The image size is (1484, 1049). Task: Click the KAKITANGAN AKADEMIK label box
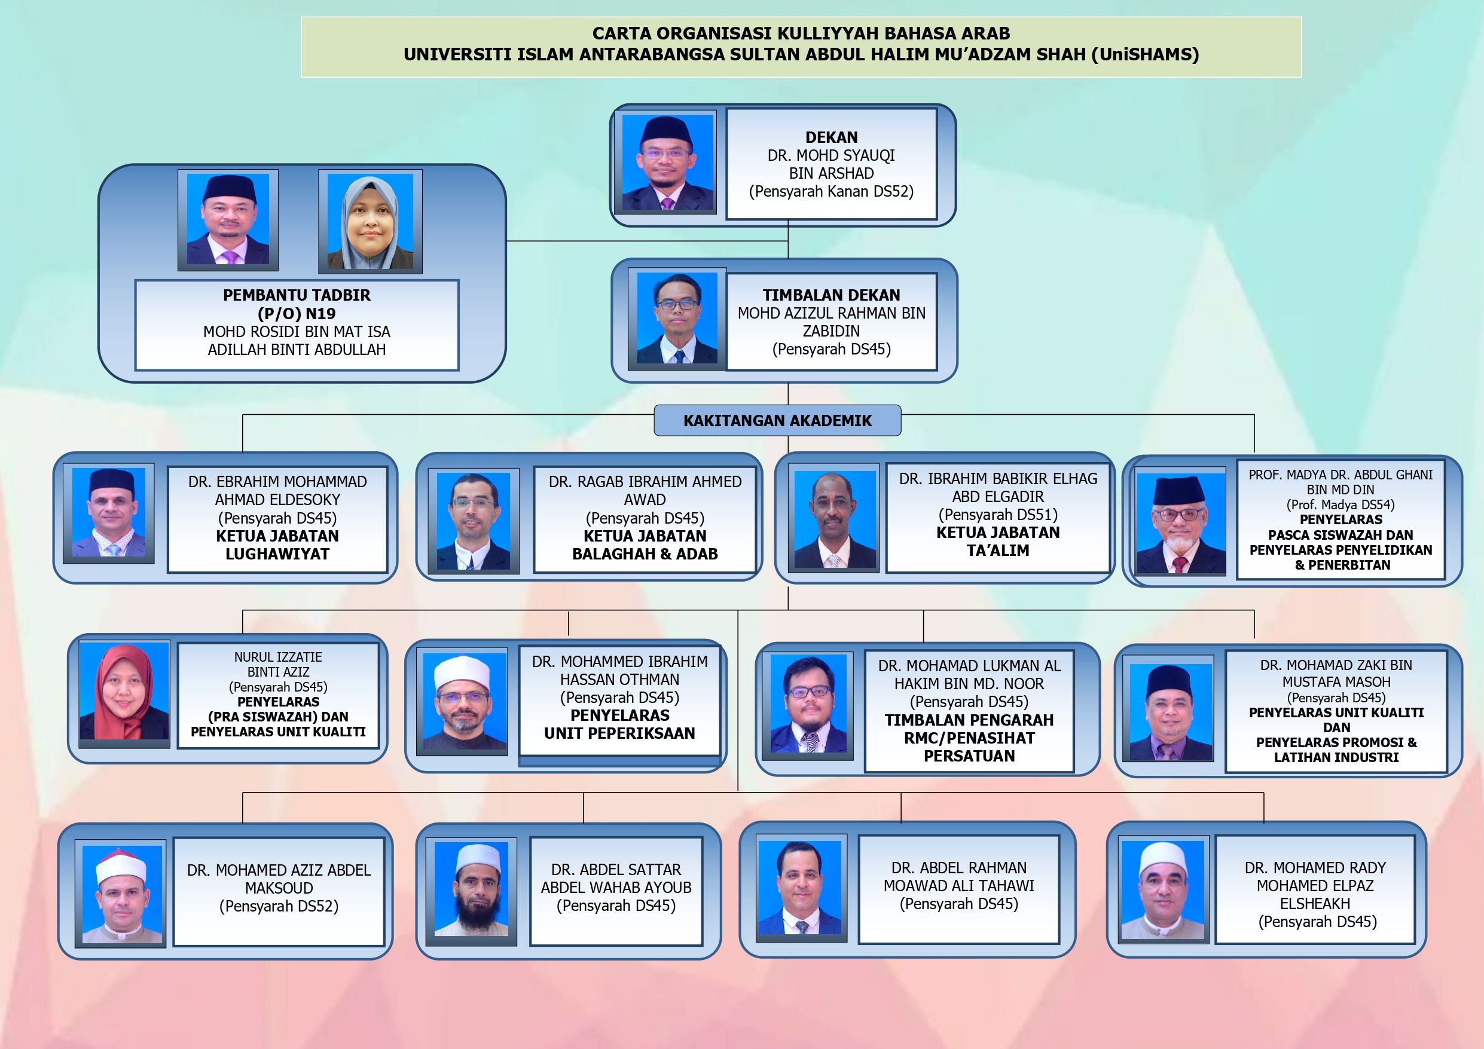pyautogui.click(x=777, y=420)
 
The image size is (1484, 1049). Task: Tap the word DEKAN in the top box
pyautogui.click(x=831, y=137)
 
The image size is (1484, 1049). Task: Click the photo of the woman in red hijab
pyautogui.click(x=124, y=692)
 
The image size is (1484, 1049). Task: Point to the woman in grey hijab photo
pyautogui.click(x=370, y=221)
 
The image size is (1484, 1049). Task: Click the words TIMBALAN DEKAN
pyautogui.click(x=831, y=295)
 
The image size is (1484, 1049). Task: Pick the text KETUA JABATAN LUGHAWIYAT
pyautogui.click(x=277, y=545)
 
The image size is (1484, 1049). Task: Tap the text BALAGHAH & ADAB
pyautogui.click(x=645, y=554)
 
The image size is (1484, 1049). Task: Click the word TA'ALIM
pyautogui.click(x=998, y=550)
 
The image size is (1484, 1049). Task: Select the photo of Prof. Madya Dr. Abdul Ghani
pyautogui.click(x=1180, y=524)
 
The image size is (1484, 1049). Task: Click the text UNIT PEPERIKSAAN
pyautogui.click(x=619, y=733)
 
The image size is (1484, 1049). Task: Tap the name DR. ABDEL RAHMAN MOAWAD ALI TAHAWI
pyautogui.click(x=958, y=876)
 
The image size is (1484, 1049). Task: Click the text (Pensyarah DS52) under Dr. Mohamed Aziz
pyautogui.click(x=279, y=906)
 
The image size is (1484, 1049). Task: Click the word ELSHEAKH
pyautogui.click(x=1315, y=904)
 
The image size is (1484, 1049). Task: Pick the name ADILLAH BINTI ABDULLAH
pyautogui.click(x=297, y=350)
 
